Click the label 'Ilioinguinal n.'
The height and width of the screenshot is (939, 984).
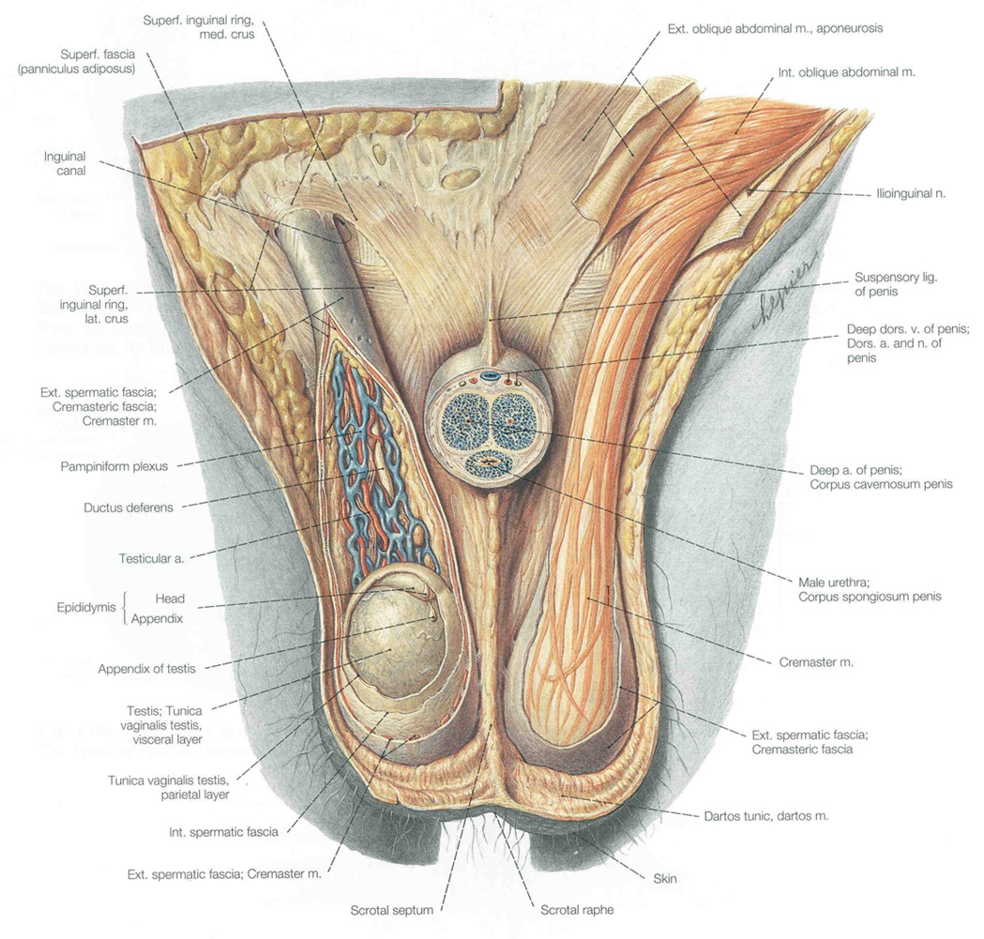(911, 193)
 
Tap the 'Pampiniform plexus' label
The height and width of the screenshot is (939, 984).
(114, 466)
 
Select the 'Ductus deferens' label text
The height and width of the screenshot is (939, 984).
(128, 507)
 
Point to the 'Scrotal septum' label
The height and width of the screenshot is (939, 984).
(391, 910)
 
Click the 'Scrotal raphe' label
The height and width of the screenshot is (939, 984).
(577, 910)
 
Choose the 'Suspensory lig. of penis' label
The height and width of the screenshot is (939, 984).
(896, 284)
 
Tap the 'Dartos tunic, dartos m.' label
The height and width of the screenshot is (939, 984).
(766, 816)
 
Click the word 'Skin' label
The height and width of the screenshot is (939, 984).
(664, 878)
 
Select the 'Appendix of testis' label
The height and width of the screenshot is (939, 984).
(147, 669)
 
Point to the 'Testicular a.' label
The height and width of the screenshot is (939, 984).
(152, 558)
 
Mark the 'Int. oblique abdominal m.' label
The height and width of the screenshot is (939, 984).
(846, 72)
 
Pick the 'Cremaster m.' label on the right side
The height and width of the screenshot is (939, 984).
(816, 662)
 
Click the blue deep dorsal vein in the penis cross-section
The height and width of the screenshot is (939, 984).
(489, 377)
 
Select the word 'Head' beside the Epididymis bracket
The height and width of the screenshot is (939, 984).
(170, 598)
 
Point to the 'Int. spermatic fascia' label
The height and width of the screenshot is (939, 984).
(223, 832)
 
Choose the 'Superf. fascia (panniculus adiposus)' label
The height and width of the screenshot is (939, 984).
(77, 62)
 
